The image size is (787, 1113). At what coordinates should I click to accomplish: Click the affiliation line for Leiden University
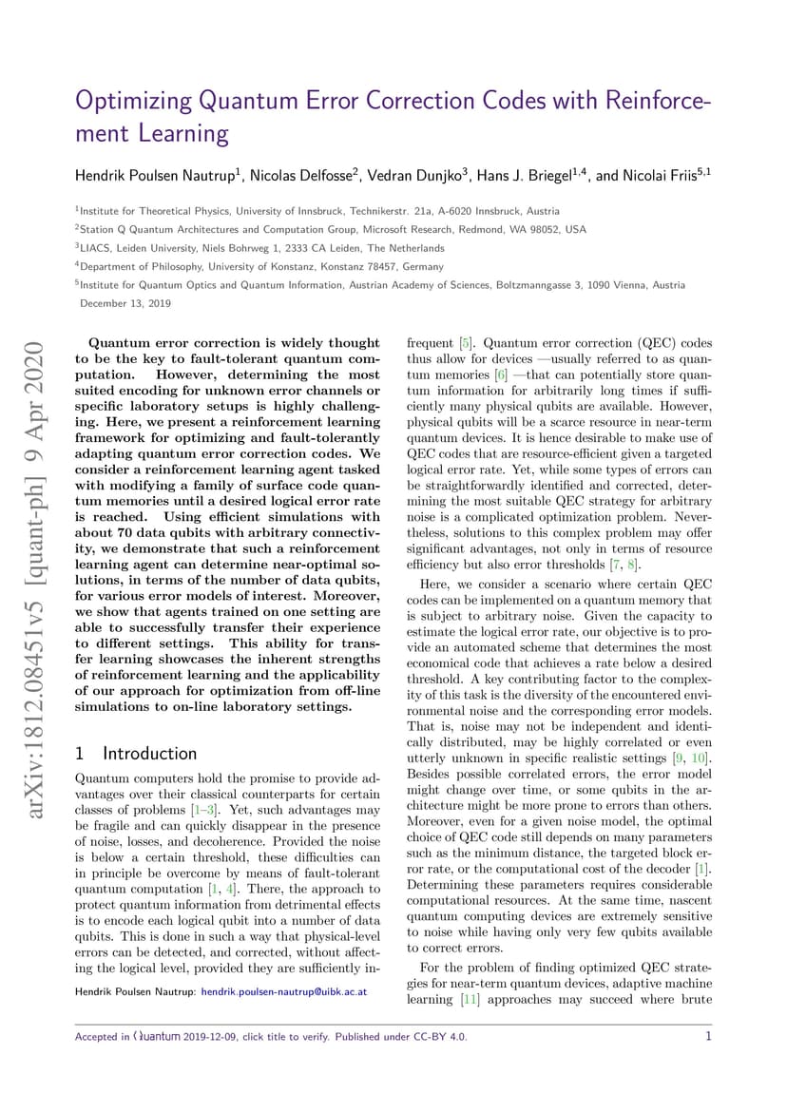pos(260,247)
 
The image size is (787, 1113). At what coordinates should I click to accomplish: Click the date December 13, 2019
pos(125,303)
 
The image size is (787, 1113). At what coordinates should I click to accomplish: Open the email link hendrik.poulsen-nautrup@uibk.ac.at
pos(282,992)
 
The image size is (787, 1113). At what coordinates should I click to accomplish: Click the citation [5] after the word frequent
pos(466,343)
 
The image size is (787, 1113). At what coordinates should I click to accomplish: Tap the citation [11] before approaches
pos(469,999)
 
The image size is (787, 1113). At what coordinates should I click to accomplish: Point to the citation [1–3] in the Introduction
pos(202,809)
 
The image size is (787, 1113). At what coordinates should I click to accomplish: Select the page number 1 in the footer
pos(708,1036)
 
